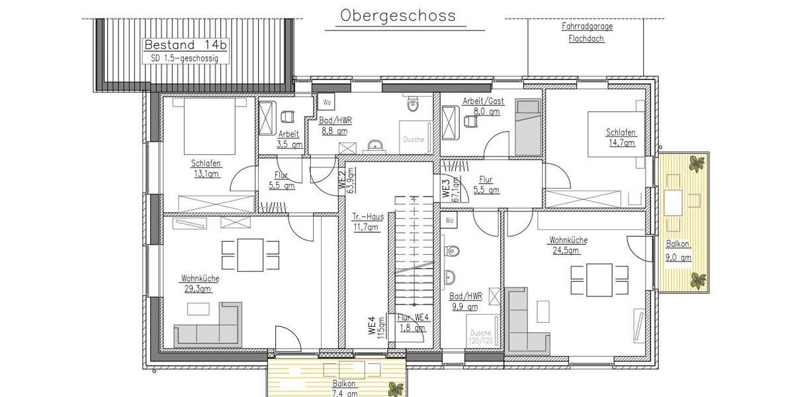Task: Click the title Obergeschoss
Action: [x=398, y=15]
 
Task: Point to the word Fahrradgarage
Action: [x=586, y=27]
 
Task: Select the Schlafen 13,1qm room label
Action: [x=206, y=169]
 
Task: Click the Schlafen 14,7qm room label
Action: [x=620, y=137]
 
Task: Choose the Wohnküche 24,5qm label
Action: [x=568, y=245]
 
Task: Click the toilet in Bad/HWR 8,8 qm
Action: [x=414, y=104]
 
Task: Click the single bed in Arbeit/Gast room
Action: [x=528, y=125]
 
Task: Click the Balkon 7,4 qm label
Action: [x=344, y=388]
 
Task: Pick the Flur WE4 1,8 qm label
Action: [x=413, y=322]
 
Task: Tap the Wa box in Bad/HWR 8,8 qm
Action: [x=328, y=102]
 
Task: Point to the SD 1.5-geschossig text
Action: [x=181, y=59]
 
